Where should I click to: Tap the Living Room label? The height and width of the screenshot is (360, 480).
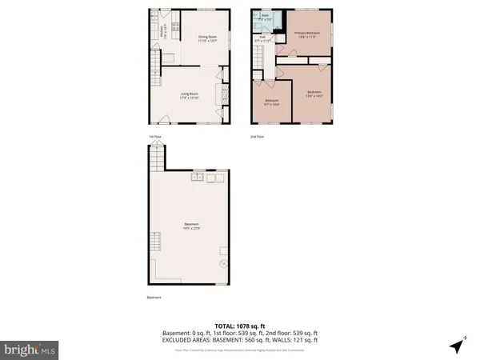coord(189,96)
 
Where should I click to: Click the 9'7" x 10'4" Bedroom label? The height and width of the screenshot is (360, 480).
coord(271,102)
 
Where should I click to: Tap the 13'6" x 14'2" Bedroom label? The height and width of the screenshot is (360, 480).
coord(313,94)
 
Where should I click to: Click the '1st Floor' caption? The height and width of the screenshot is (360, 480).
coord(155,136)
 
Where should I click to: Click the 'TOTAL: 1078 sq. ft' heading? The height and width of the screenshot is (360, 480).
coord(240,326)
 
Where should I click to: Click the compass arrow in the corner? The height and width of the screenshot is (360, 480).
coord(457,346)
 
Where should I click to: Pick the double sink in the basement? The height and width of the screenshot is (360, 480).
coord(197,178)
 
